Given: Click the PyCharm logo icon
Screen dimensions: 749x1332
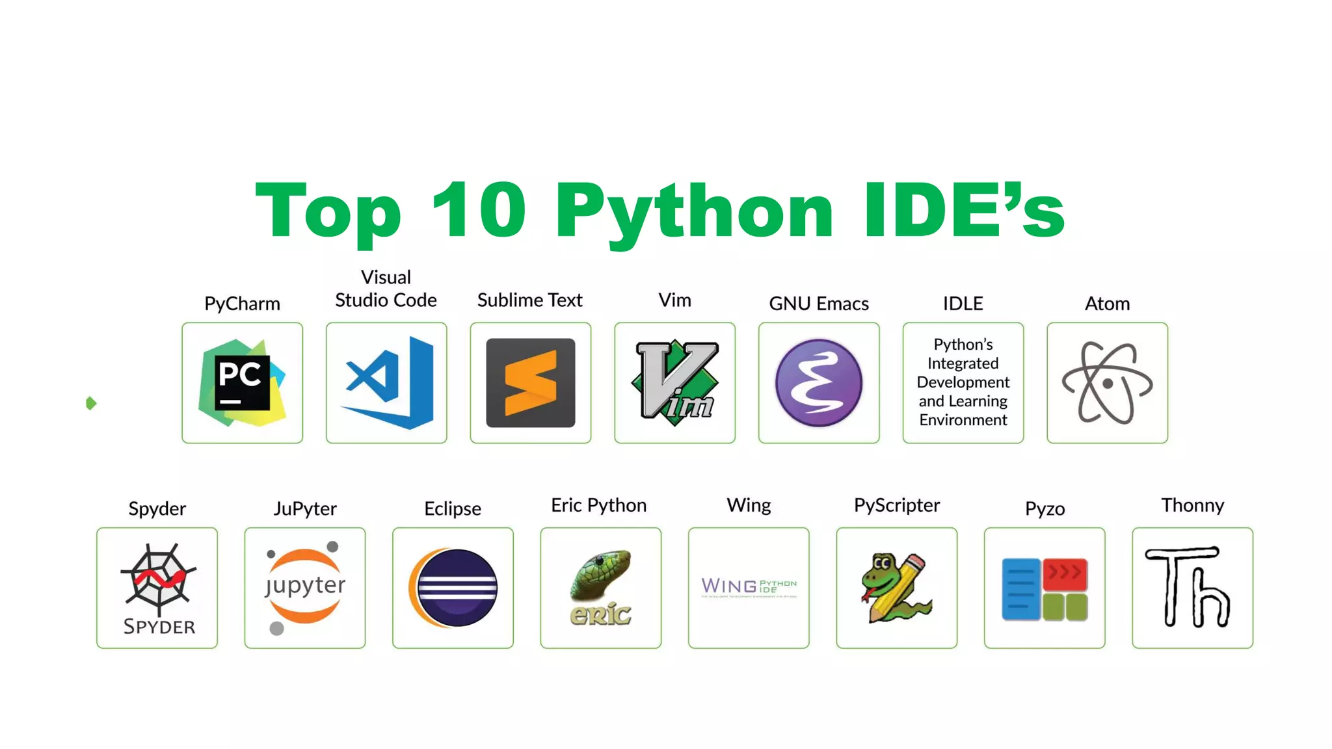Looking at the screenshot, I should tap(242, 383).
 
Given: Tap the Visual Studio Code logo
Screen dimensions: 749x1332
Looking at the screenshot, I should tap(386, 383).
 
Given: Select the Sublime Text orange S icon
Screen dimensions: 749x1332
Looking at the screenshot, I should tap(531, 383).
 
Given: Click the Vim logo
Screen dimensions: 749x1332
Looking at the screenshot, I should tap(675, 383).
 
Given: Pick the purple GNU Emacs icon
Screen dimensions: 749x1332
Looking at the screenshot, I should tap(819, 383).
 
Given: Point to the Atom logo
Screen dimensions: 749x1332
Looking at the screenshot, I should tap(1107, 383).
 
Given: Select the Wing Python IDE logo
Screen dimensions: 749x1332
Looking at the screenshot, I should tap(749, 586).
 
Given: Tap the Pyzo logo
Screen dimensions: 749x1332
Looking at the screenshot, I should tap(1045, 589).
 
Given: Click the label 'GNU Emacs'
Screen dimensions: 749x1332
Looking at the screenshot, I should tap(819, 304).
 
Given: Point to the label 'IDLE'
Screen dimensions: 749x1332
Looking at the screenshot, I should tap(963, 304).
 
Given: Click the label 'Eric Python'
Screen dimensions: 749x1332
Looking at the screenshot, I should tap(599, 505).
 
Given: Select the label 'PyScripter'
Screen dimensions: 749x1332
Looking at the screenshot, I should tap(897, 505).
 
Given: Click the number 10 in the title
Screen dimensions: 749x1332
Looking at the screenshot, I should tap(479, 210).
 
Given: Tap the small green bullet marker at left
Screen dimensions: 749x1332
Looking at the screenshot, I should tap(91, 403).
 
